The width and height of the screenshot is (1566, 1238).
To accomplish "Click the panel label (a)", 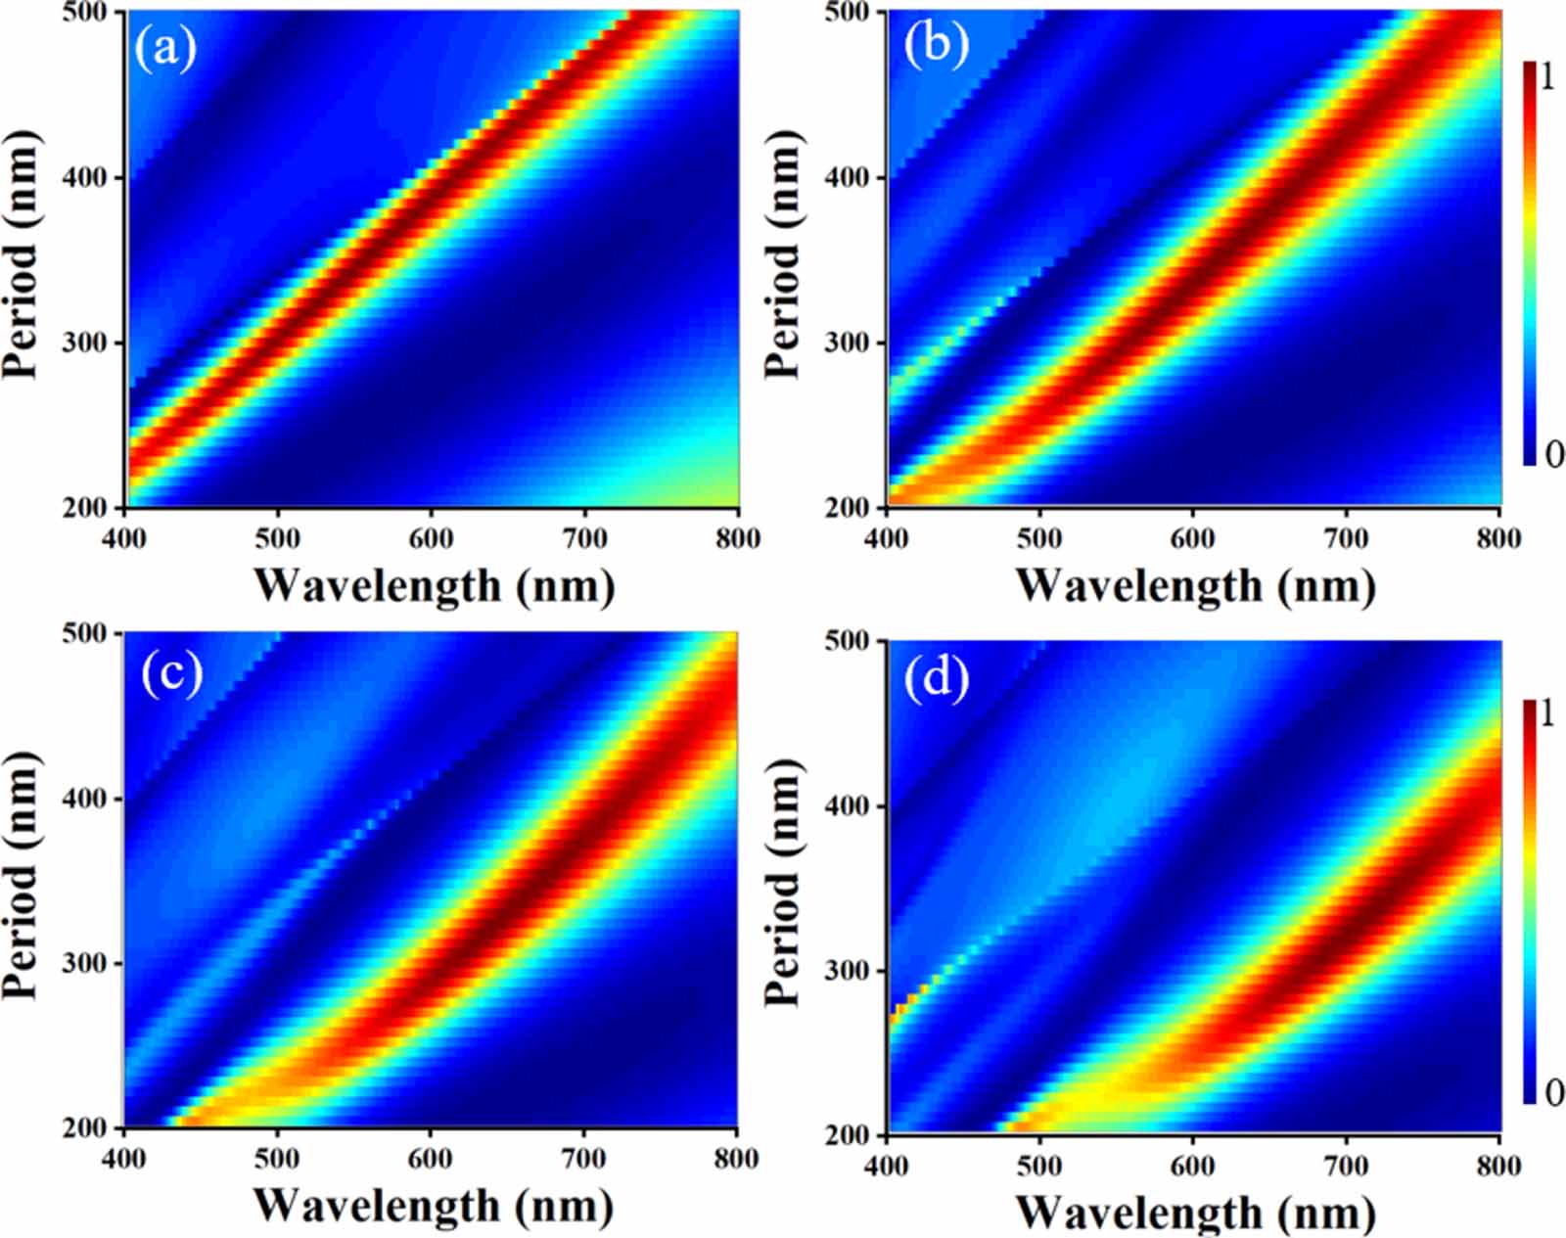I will tap(165, 47).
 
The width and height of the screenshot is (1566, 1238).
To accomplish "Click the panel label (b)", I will tap(936, 44).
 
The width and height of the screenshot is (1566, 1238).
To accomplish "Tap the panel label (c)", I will tap(171, 672).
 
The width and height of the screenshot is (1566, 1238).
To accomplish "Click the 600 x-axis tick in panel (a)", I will tap(431, 538).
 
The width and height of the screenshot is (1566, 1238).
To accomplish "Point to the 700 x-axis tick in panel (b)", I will tap(1345, 538).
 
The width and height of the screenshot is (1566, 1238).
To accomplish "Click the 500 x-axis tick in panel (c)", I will tap(277, 1159).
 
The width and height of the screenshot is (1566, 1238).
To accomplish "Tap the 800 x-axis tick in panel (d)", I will tap(1497, 1166).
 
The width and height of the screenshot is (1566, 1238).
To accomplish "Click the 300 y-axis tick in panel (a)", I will tap(91, 343).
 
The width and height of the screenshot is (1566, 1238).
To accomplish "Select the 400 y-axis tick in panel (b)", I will tap(853, 177).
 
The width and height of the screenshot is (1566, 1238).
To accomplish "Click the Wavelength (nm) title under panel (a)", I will tap(434, 585).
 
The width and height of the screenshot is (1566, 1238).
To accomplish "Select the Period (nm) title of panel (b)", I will tap(783, 254).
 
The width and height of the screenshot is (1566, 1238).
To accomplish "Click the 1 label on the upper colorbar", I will tap(1547, 76).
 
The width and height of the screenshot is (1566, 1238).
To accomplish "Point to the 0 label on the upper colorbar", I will tap(1553, 453).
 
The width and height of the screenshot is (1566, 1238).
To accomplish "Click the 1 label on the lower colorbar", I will tap(1547, 713).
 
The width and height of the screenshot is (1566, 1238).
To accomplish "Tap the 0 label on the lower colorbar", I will tap(1553, 1091).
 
